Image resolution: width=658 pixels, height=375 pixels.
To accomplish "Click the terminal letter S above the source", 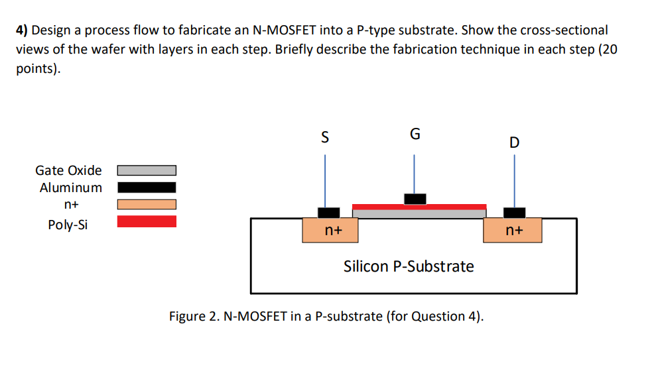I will pyautogui.click(x=324, y=138).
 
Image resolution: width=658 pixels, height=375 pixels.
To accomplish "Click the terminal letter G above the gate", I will pyautogui.click(x=415, y=134).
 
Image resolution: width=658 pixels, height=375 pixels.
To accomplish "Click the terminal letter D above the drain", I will pyautogui.click(x=515, y=142).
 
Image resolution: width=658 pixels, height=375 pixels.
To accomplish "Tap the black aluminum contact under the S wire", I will pyautogui.click(x=328, y=213).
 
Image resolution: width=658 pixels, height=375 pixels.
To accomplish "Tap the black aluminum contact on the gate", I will pyautogui.click(x=415, y=198).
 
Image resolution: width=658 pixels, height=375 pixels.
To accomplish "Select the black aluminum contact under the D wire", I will pyautogui.click(x=514, y=213).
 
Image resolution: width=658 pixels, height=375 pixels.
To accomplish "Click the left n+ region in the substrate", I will pyautogui.click(x=330, y=231).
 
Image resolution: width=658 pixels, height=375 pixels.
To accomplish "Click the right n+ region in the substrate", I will pyautogui.click(x=513, y=231).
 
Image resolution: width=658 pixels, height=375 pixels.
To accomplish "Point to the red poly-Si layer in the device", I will pyautogui.click(x=419, y=206).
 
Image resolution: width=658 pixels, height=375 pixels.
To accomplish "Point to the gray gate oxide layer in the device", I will pyautogui.click(x=419, y=213).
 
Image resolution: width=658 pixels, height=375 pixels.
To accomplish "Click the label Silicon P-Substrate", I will pyautogui.click(x=409, y=266).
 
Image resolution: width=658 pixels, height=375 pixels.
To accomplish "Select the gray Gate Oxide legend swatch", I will pyautogui.click(x=147, y=171).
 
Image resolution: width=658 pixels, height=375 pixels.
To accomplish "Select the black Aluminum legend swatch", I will pyautogui.click(x=147, y=187).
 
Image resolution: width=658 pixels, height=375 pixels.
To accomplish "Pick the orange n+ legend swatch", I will pyautogui.click(x=147, y=205).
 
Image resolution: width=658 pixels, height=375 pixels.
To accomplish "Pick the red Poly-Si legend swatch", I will pyautogui.click(x=147, y=221).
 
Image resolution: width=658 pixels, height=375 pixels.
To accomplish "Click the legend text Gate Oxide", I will pyautogui.click(x=68, y=171).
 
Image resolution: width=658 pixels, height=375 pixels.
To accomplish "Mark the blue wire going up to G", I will pyautogui.click(x=415, y=174).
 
